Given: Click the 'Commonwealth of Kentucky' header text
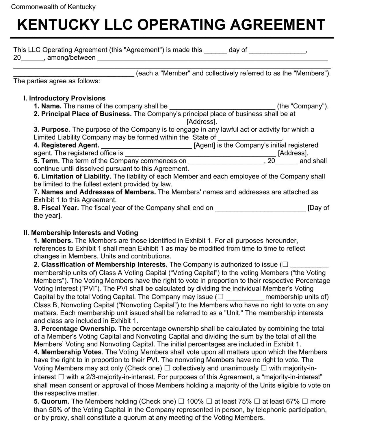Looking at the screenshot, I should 53,7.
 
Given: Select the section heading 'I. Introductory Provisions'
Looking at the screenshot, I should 64,98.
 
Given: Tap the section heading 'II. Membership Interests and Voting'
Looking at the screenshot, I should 81,233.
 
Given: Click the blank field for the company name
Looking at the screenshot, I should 222,106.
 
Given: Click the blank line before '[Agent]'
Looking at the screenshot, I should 146,146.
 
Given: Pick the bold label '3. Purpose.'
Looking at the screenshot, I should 52,129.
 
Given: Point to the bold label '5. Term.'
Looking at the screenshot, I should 47,161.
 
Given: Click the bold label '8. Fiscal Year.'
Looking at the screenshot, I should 56,208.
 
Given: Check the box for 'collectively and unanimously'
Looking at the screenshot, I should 167,368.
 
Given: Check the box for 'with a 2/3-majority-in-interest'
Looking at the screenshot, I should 61,377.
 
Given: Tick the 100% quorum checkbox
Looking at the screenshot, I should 181,401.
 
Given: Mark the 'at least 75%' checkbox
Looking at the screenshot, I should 209,401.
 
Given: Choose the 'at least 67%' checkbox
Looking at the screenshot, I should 257,401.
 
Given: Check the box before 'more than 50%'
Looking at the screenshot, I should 305,401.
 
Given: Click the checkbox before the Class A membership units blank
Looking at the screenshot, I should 285,264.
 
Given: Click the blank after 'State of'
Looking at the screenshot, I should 250,138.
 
